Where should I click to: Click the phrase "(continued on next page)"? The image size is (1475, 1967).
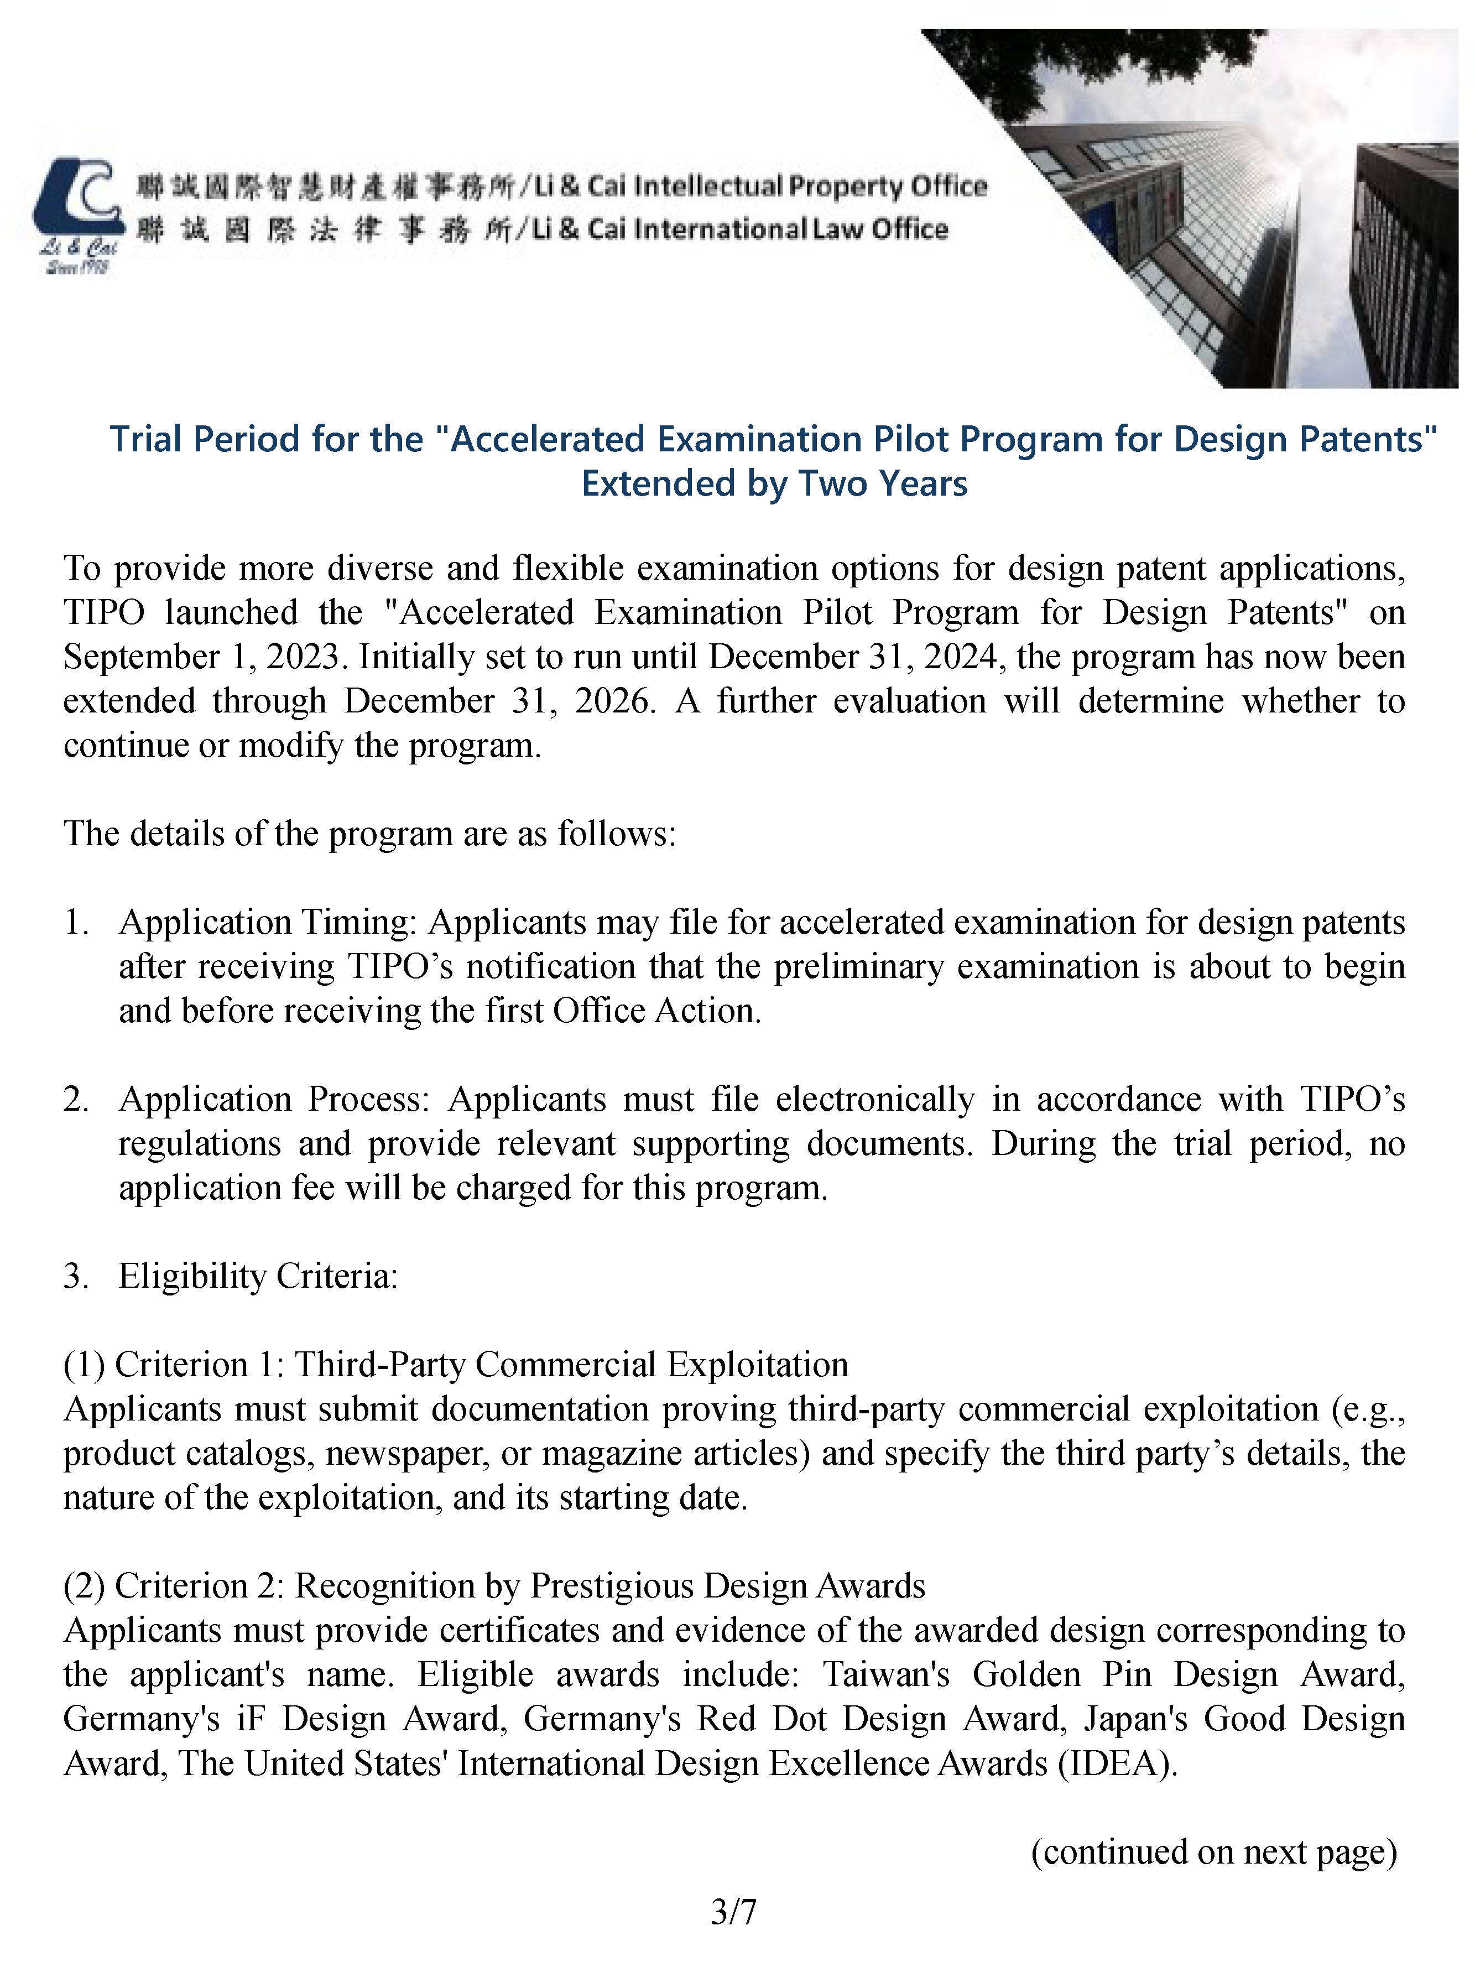click(x=1213, y=1851)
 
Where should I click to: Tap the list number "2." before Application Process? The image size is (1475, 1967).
click(x=76, y=1099)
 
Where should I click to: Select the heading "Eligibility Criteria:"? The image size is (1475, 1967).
click(x=258, y=1276)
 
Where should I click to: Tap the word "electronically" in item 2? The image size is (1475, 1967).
click(x=875, y=1099)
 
